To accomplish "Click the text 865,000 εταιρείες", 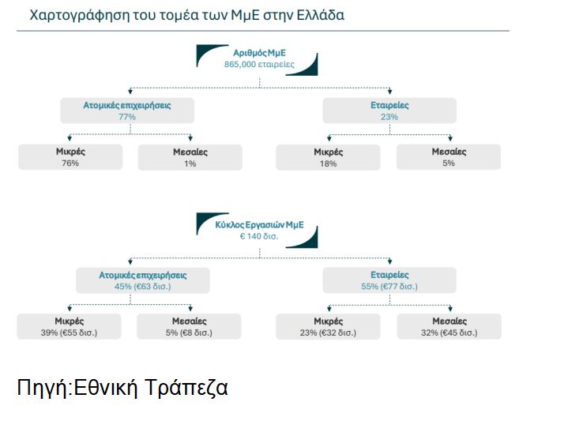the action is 259,65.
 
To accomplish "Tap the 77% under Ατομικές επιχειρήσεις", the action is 127,117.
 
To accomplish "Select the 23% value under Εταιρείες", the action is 389,117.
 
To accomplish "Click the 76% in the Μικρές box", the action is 70,163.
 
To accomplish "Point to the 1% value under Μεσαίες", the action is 190,163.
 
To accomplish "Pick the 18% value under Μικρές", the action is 328,163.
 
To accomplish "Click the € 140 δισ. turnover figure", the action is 259,236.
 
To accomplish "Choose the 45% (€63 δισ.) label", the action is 143,287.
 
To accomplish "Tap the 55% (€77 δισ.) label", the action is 389,287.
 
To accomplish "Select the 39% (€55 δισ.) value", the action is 69,332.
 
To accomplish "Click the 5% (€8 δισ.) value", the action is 189,332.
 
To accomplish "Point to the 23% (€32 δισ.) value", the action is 328,332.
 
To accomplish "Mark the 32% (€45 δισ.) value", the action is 450,332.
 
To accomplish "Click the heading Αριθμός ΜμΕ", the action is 259,53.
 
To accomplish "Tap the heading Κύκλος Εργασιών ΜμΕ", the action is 259,225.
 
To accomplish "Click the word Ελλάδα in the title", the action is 320,15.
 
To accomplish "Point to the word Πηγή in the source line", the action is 43,388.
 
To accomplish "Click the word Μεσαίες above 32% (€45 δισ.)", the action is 450,321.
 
